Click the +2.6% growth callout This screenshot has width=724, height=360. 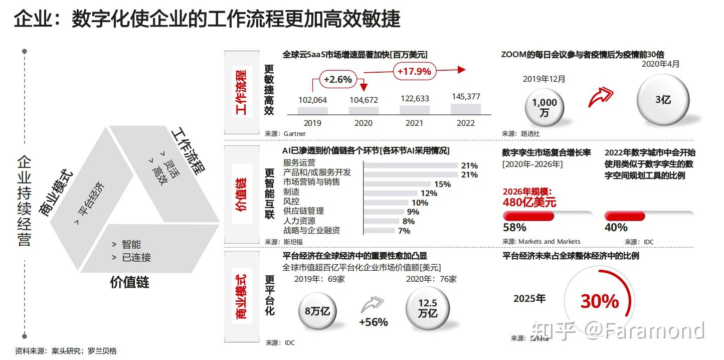pyautogui.click(x=338, y=79)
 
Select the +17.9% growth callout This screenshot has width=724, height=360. pyautogui.click(x=414, y=71)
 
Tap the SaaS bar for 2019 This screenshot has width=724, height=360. pyautogui.click(x=312, y=111)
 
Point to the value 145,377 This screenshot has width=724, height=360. pyautogui.click(x=466, y=96)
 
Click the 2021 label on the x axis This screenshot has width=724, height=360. pyautogui.click(x=414, y=123)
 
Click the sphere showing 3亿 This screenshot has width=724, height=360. pyautogui.click(x=663, y=100)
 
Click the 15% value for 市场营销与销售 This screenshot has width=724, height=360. pyautogui.click(x=442, y=184)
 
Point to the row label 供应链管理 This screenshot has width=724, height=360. pyautogui.click(x=303, y=211)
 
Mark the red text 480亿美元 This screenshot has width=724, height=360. pyautogui.click(x=529, y=203)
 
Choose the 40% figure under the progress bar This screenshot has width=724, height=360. pyautogui.click(x=616, y=228)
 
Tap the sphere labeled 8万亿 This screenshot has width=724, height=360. pyautogui.click(x=317, y=311)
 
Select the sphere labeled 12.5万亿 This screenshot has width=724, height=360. pyautogui.click(x=427, y=308)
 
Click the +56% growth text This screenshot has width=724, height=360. pyautogui.click(x=374, y=322)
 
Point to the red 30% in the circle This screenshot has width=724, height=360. pyautogui.click(x=600, y=301)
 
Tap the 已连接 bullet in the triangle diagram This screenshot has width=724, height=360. pyautogui.click(x=136, y=258)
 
